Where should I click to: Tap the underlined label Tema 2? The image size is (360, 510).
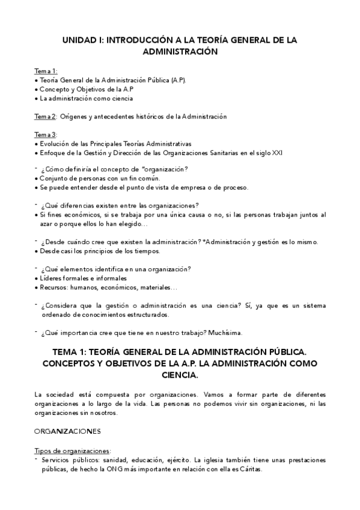point(44,116)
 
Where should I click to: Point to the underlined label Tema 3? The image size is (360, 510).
point(46,134)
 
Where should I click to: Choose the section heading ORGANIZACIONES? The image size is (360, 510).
point(67,431)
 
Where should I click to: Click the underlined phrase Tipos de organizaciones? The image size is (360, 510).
point(73,450)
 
